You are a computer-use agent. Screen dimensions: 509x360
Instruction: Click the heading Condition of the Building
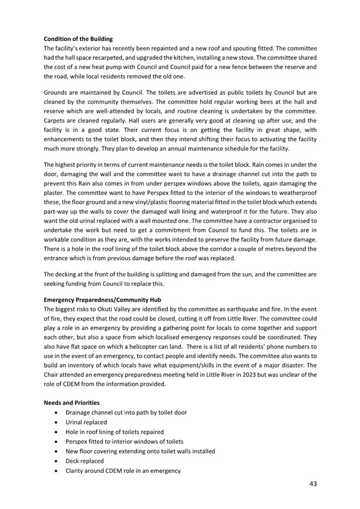[x=78, y=39]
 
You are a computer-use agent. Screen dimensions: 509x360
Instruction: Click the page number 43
[x=313, y=484]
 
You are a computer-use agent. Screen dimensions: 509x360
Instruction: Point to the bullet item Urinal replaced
[x=86, y=422]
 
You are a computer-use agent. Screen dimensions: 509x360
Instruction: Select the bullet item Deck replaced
[x=84, y=460]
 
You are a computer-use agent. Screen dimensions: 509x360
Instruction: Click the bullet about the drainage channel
[x=126, y=412]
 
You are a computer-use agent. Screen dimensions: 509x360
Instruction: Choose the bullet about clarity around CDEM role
[x=123, y=470]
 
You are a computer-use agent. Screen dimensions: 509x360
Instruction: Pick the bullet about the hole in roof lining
[x=114, y=432]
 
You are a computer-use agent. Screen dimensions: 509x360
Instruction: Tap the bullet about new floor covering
[x=140, y=451]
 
